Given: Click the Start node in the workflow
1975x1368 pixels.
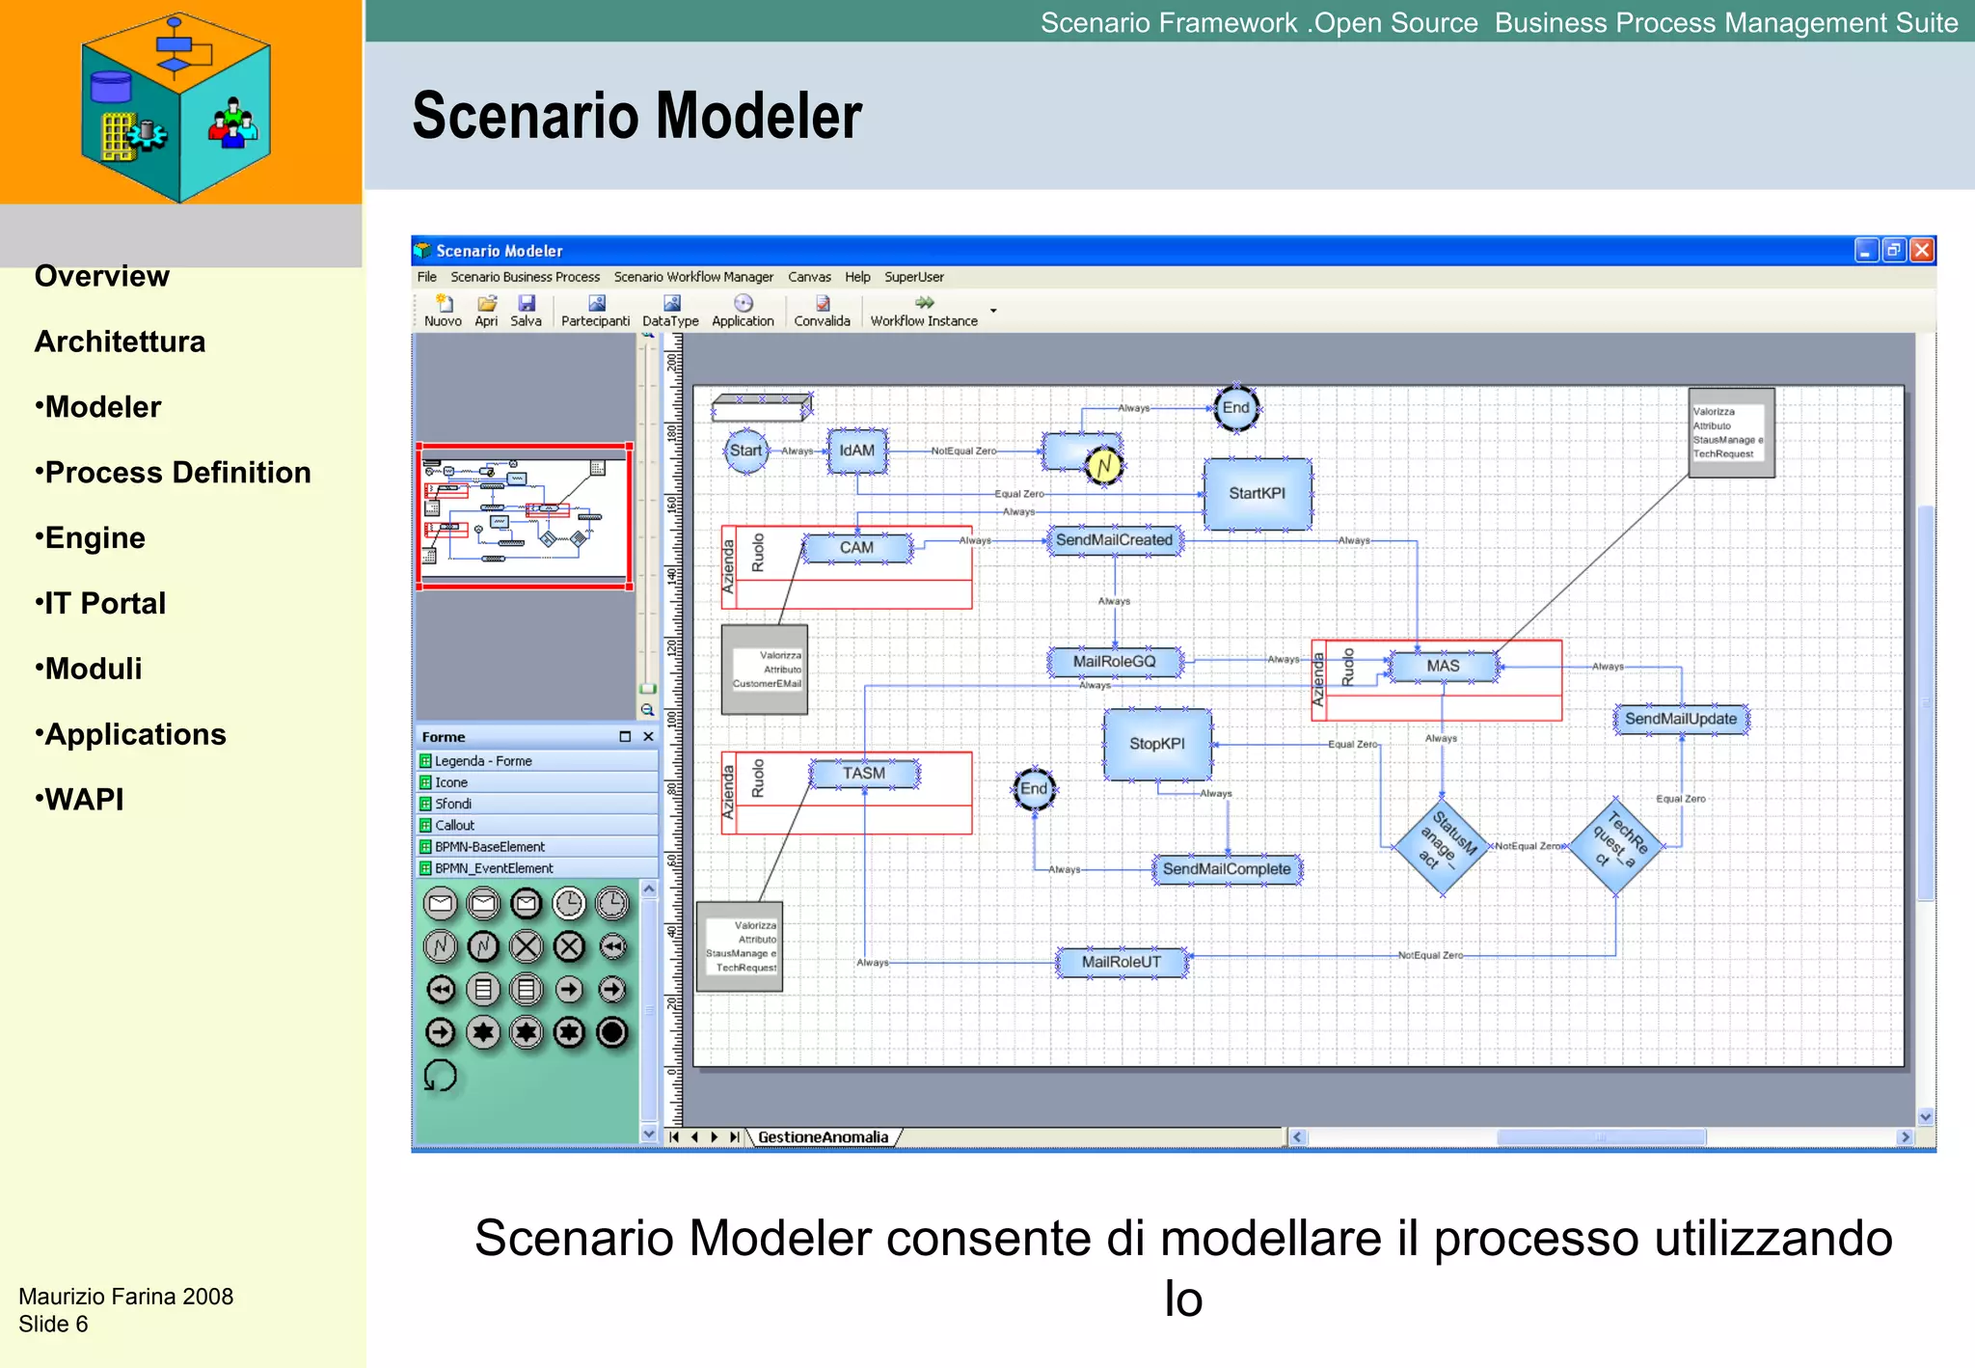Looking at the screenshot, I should pyautogui.click(x=745, y=451).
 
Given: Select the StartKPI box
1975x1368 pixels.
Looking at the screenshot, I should pyautogui.click(x=1257, y=493).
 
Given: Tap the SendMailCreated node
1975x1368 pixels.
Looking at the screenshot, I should pyautogui.click(x=1114, y=540).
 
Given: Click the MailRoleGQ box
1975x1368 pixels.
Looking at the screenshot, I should pyautogui.click(x=1114, y=662).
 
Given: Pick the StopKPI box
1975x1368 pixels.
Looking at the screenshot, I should pyautogui.click(x=1157, y=744).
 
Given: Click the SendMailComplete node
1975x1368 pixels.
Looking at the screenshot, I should pyautogui.click(x=1226, y=869).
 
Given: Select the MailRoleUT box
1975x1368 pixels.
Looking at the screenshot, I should pyautogui.click(x=1121, y=962).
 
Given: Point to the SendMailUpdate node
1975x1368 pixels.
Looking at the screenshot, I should pyautogui.click(x=1680, y=719).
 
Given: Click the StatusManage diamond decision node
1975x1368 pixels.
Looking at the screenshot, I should pyautogui.click(x=1443, y=847).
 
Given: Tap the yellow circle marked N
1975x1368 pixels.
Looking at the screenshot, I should pyautogui.click(x=1103, y=467).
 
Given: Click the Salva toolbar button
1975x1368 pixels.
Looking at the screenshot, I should pyautogui.click(x=526, y=311).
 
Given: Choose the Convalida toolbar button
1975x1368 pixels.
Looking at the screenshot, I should pyautogui.click(x=822, y=311).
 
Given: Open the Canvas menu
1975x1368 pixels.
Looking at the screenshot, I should pyautogui.click(x=809, y=277).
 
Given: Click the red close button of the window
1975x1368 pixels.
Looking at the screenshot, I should pyautogui.click(x=1922, y=251).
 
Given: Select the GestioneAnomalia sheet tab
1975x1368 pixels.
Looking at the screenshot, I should pyautogui.click(x=823, y=1137).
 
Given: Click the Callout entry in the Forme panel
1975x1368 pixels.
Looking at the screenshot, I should pyautogui.click(x=454, y=825).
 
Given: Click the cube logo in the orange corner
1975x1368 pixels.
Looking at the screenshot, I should pyautogui.click(x=176, y=106).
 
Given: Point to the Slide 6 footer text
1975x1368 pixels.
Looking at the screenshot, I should pyautogui.click(x=53, y=1324).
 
